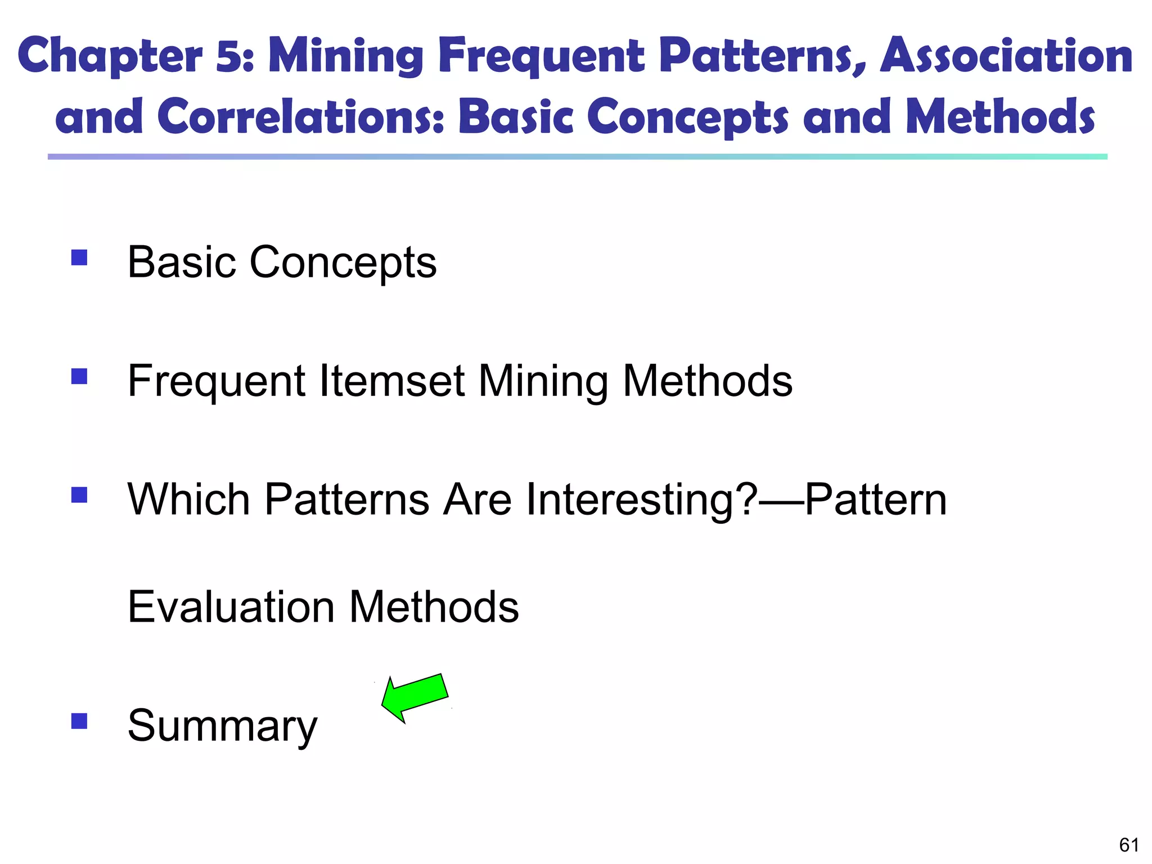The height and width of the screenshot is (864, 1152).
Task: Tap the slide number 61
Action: (x=1129, y=845)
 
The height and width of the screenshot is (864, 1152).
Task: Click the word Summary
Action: (x=222, y=726)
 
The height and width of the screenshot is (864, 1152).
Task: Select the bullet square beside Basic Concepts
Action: (x=79, y=258)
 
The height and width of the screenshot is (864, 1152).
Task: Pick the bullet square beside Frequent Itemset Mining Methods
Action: (x=79, y=376)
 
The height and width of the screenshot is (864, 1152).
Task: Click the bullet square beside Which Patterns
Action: (x=79, y=495)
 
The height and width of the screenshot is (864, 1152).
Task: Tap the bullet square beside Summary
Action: (x=79, y=721)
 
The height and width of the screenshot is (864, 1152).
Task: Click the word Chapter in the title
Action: (x=110, y=56)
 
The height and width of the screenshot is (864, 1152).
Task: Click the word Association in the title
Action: (x=1006, y=56)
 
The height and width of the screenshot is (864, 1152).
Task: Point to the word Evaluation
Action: (x=231, y=607)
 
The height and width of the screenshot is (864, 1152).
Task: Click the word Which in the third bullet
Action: (x=188, y=500)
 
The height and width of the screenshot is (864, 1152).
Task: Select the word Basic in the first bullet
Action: (x=182, y=263)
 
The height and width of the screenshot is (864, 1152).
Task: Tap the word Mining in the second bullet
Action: (x=543, y=381)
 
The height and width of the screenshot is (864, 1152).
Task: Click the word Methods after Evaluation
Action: (x=434, y=607)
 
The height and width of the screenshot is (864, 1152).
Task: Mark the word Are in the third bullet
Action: (x=477, y=500)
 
